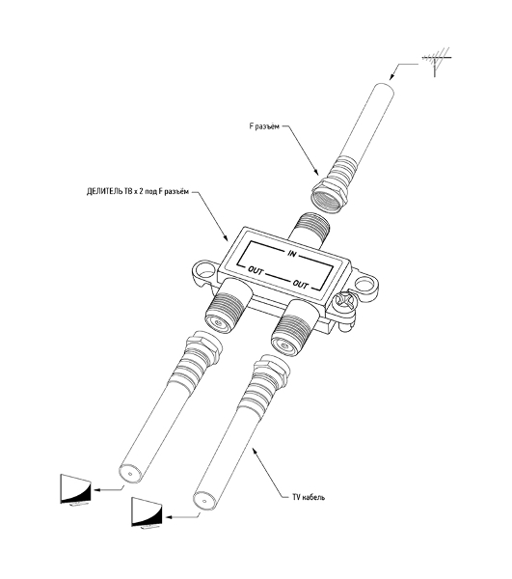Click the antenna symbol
pos(435,61)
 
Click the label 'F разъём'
pos(264,126)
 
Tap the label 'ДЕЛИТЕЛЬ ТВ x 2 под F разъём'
pos(138,192)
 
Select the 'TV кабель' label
pos(309,497)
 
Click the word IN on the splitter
pos(292,254)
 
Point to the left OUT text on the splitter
pos(256,270)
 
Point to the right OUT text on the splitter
pos(300,284)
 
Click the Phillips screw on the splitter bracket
pos(345,304)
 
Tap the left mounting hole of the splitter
pos(204,270)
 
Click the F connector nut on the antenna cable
pos(331,195)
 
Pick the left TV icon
pos(75,489)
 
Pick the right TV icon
pos(148,512)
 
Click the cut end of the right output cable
pos(203,501)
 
